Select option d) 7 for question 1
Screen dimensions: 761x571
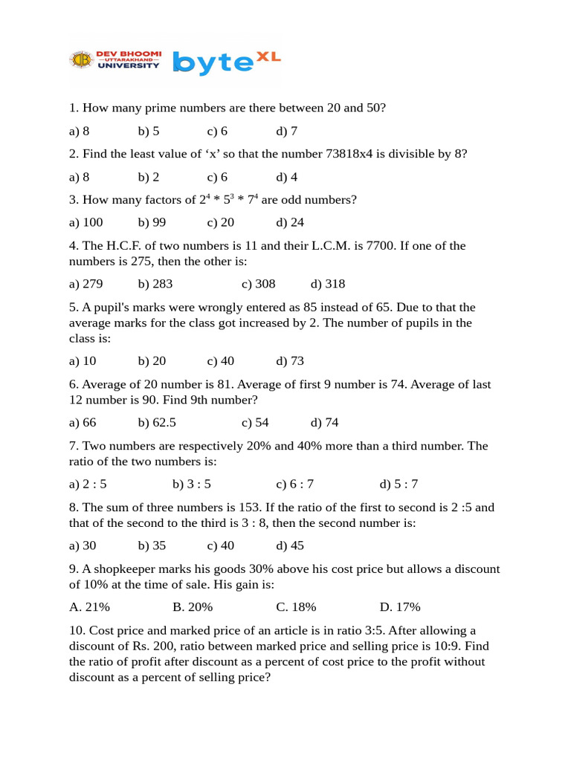tap(287, 132)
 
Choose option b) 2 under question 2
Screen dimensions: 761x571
tap(149, 177)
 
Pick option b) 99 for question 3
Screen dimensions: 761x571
tap(152, 222)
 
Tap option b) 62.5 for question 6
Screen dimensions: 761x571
tap(157, 423)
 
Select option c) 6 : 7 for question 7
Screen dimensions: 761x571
tap(295, 485)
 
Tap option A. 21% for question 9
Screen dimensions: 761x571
tap(89, 607)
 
